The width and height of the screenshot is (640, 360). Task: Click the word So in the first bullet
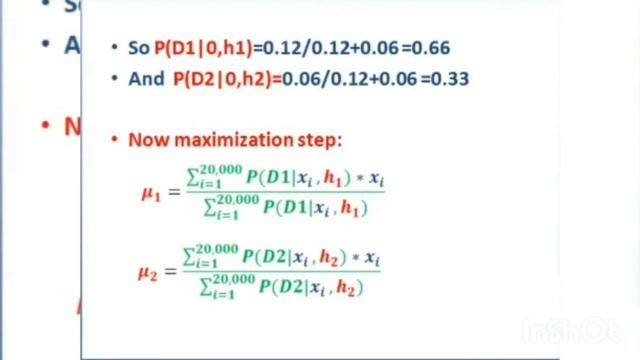(x=139, y=48)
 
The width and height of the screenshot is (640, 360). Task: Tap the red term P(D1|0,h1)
(x=203, y=48)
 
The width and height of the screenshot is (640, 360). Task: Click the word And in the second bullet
(x=146, y=78)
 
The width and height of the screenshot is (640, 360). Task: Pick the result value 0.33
(x=451, y=78)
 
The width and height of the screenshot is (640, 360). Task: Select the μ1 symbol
(x=150, y=194)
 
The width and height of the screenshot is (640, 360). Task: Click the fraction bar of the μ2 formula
(x=281, y=272)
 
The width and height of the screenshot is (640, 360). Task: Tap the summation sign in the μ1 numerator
(x=190, y=179)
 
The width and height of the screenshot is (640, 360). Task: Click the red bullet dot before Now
(x=116, y=139)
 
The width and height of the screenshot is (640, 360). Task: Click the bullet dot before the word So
(x=117, y=48)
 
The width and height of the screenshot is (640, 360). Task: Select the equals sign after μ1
(x=172, y=193)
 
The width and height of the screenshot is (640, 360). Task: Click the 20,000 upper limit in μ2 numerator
(x=220, y=248)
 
